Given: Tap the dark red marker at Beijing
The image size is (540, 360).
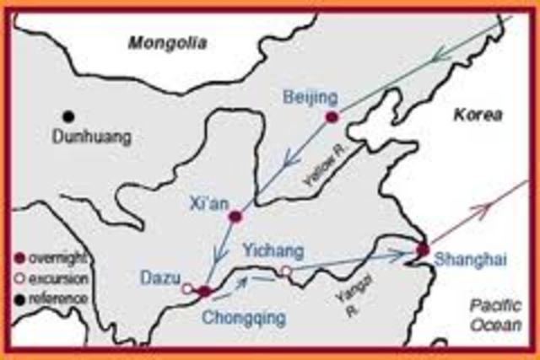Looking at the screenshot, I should click(332, 116).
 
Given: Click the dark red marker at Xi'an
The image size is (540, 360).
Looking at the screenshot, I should click(235, 217).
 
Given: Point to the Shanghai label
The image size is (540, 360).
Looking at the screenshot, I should click(470, 261).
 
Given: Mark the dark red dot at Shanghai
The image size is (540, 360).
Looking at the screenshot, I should click(423, 250).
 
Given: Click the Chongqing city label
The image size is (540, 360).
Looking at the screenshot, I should click(244, 318).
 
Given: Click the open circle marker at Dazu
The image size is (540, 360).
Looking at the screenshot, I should click(187, 288).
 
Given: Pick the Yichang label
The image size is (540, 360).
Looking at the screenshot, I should click(267, 250).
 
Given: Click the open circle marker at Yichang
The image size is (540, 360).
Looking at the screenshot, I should click(286, 271).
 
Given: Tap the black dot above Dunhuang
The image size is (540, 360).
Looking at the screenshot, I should click(67, 116).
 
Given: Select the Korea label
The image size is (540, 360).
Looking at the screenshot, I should click(477, 115).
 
